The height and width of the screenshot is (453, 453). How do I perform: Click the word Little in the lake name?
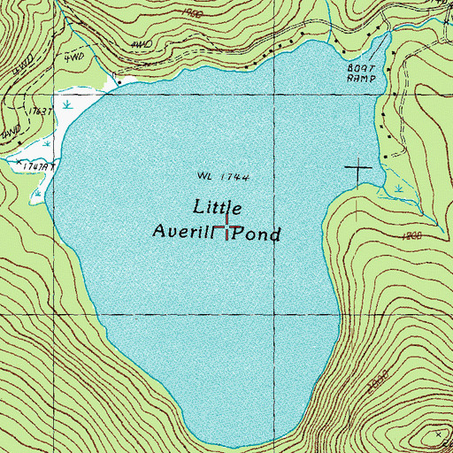pos(216,207)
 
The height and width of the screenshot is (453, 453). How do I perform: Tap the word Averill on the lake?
pos(180,234)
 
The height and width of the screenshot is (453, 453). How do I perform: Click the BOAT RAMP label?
pos(361,72)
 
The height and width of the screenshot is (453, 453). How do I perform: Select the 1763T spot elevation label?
pos(41,111)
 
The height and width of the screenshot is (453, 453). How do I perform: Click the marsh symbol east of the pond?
pos(399,188)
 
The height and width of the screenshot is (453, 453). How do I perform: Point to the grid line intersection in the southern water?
pos(273,313)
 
